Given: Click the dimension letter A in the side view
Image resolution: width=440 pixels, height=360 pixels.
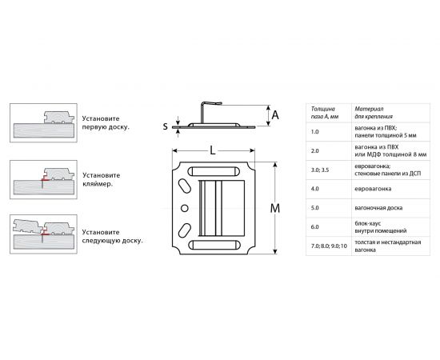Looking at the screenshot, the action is click(275, 115).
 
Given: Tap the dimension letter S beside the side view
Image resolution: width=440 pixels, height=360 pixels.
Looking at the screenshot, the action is click(166, 126).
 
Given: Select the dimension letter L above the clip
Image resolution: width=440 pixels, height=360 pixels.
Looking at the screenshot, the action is click(213, 150).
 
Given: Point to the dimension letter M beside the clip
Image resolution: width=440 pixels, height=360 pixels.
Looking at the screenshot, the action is click(275, 209).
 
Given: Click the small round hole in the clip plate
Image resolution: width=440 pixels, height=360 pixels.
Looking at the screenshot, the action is click(184, 208).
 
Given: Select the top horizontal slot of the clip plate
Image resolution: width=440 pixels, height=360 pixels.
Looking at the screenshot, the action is click(214, 171).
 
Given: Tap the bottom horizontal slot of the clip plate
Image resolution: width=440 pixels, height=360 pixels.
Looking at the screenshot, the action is click(214, 245).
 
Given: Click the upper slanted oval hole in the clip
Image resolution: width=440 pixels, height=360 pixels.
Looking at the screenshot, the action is click(184, 186).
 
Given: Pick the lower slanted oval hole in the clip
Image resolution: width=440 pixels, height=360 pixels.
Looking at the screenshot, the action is click(184, 230).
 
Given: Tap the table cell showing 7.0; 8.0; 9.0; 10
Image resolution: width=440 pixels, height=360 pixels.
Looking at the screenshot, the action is click(329, 246).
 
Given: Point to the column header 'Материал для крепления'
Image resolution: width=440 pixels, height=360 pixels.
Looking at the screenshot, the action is click(374, 113).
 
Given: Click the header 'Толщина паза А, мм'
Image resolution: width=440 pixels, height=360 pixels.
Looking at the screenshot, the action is click(325, 113).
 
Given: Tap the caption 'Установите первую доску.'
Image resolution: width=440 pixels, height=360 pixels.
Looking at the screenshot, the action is click(106, 122).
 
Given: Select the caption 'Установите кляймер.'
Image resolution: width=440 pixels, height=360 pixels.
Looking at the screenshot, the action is click(102, 179).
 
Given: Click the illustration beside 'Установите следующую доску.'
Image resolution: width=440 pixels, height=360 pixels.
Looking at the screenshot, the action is click(43, 234).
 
